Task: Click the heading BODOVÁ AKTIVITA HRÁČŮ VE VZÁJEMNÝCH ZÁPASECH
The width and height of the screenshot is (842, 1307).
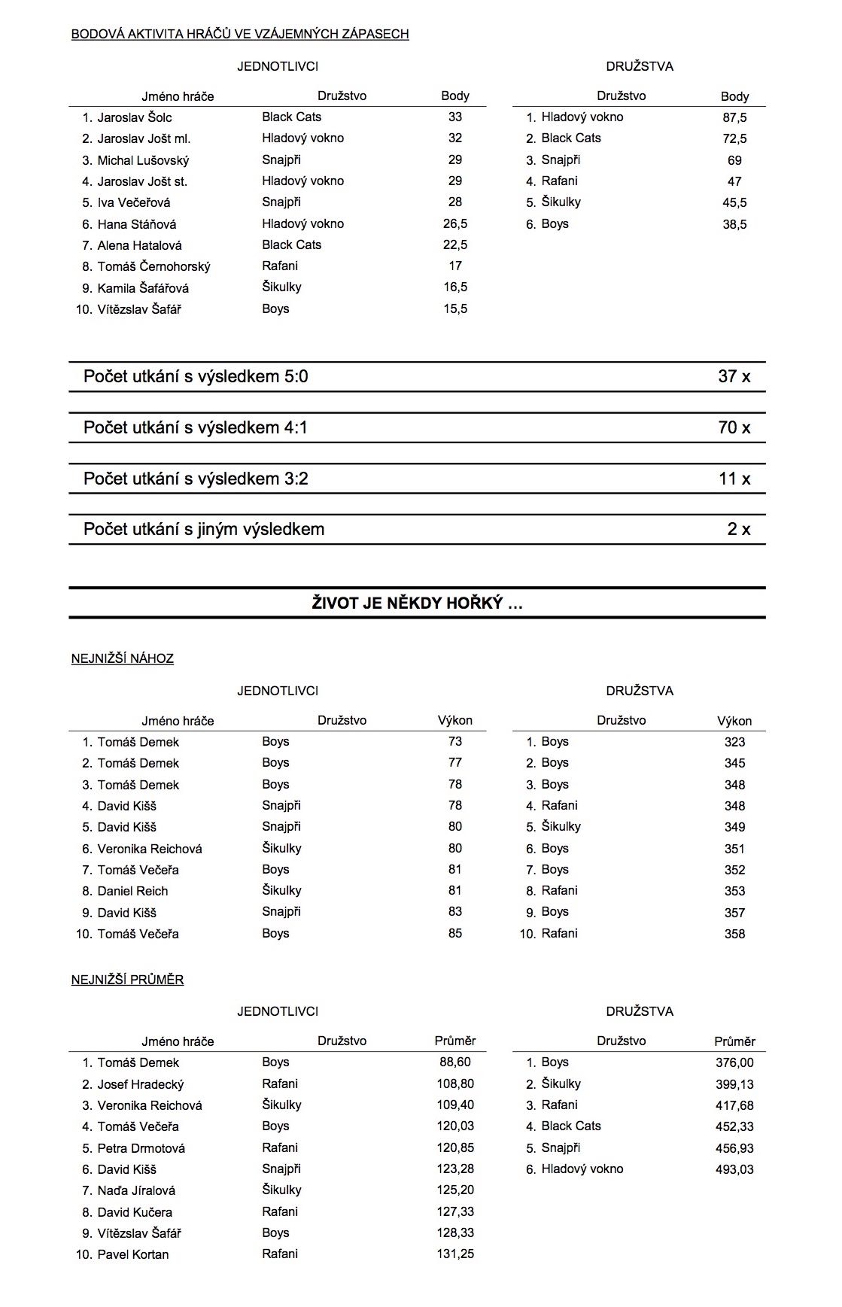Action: pos(240,34)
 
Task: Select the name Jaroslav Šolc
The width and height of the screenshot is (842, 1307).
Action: pos(135,117)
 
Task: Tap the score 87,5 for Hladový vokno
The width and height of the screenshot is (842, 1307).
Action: pos(734,117)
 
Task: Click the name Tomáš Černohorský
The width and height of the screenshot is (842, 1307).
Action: pos(154,266)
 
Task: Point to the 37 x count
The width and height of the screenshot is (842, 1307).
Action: pos(734,376)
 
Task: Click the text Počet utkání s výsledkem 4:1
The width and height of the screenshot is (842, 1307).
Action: pos(196,427)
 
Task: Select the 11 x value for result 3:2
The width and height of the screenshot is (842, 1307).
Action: pos(734,479)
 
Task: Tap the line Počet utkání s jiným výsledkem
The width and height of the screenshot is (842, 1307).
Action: pos(204,529)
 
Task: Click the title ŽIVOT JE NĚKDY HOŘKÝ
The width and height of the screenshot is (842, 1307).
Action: pos(417,603)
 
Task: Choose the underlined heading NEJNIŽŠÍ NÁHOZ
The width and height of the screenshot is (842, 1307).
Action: pos(123,658)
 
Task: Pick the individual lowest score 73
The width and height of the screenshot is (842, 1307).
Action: pos(455,741)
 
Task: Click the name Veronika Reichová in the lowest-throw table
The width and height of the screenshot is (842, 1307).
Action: pos(150,849)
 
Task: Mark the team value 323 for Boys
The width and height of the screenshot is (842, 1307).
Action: pos(734,742)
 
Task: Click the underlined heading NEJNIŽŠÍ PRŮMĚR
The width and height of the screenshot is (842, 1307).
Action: pos(128,980)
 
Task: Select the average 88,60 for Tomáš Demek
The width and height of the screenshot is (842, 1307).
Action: pos(455,1062)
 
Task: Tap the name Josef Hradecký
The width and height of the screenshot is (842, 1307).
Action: pos(141,1084)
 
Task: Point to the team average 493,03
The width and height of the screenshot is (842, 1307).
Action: pos(734,1169)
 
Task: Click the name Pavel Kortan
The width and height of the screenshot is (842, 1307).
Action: pos(133,1254)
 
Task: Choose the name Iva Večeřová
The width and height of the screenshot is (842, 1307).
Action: pos(134,202)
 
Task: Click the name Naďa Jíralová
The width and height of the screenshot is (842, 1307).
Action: pos(136,1190)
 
